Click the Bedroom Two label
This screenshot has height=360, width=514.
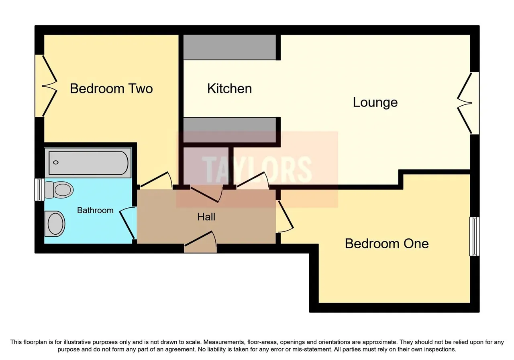pyautogui.click(x=111, y=89)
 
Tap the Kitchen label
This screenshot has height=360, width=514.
pyautogui.click(x=229, y=89)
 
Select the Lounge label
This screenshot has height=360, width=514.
pyautogui.click(x=375, y=102)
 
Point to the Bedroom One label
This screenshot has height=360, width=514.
pyautogui.click(x=387, y=243)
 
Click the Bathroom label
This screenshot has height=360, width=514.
pyautogui.click(x=95, y=210)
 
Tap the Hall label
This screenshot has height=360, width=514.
pyautogui.click(x=206, y=217)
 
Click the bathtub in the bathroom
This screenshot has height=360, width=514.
pyautogui.click(x=88, y=163)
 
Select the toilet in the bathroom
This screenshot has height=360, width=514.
pyautogui.click(x=59, y=190)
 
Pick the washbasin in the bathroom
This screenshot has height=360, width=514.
pyautogui.click(x=55, y=224)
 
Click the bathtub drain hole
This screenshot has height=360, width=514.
pyautogui.click(x=56, y=163)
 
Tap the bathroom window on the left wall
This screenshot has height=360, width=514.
pyautogui.click(x=39, y=190)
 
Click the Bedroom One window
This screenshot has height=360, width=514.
pyautogui.click(x=475, y=237)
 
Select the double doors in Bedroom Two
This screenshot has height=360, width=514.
pyautogui.click(x=46, y=86)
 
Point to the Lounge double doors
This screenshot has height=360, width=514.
pyautogui.click(x=468, y=103)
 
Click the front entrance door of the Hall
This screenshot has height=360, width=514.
pyautogui.click(x=200, y=242)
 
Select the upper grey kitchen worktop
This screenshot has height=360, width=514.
pyautogui.click(x=230, y=47)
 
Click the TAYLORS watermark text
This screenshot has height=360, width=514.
pyautogui.click(x=257, y=170)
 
